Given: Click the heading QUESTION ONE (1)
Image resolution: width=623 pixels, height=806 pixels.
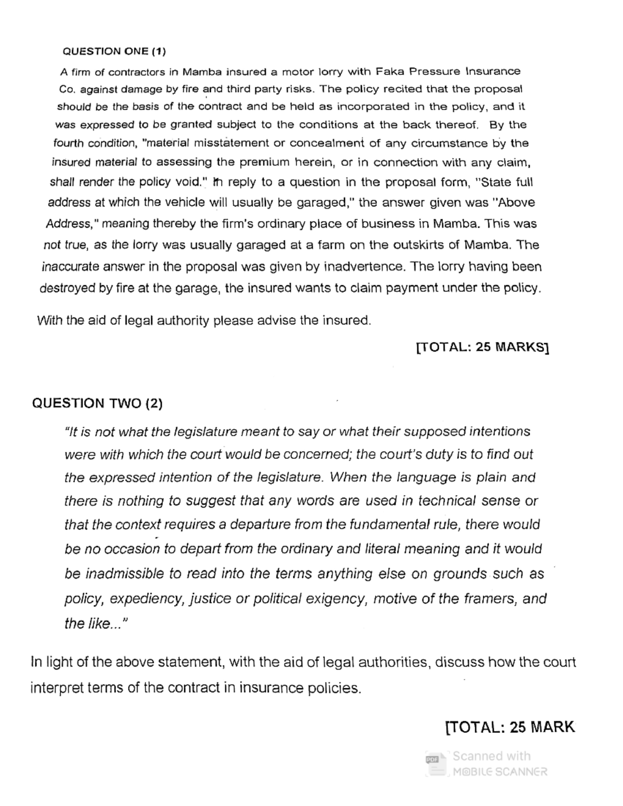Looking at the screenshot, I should click(x=114, y=51).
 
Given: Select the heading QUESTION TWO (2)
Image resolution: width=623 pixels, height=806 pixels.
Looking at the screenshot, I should click(x=97, y=403).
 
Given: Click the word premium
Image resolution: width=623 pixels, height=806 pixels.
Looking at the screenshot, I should click(x=264, y=162).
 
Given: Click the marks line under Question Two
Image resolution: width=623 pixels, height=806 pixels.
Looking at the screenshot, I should click(x=510, y=727).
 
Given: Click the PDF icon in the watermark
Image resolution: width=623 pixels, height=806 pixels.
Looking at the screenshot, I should click(x=432, y=760).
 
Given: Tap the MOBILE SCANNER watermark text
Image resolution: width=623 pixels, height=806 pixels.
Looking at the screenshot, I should click(x=499, y=772).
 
